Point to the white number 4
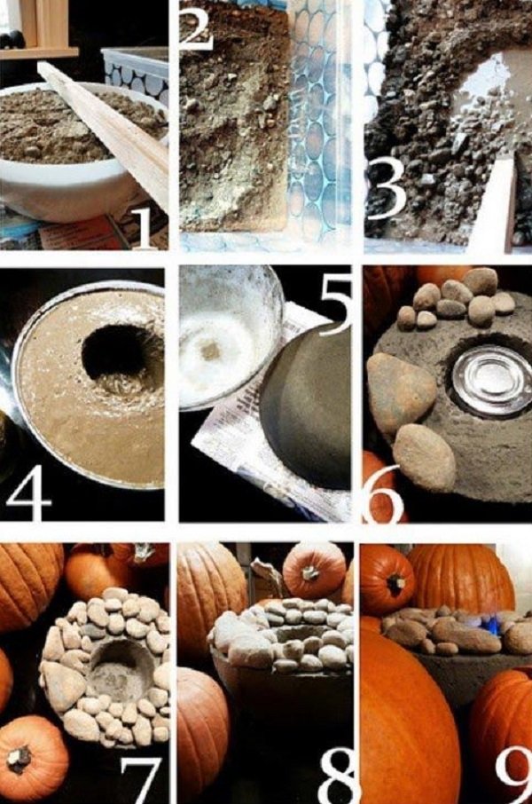coord(28,493)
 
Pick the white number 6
coord(382,493)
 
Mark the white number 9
coord(513,776)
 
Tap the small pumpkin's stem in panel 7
coord(20,760)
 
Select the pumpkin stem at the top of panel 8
coord(311,572)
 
